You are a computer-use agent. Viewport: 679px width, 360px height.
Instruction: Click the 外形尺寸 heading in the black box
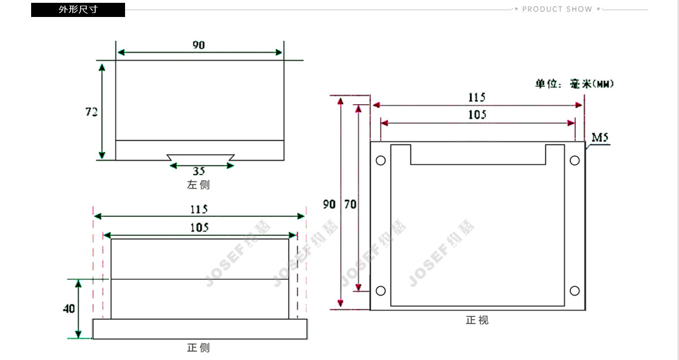[x=78, y=10]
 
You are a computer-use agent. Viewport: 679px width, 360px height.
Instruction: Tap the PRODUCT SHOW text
[x=557, y=9]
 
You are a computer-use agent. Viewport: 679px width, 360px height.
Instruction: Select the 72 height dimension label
[x=91, y=112]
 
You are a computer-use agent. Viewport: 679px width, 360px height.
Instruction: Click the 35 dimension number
[x=199, y=171]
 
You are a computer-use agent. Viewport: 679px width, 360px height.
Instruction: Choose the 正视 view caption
[x=477, y=320]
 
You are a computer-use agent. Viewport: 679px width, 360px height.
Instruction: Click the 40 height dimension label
[x=68, y=308]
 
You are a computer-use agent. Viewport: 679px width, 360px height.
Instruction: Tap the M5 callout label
[x=600, y=138]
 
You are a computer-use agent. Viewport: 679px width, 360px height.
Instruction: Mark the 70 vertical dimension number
[x=350, y=204]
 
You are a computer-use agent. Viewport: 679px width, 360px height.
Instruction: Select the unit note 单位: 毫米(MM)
[x=574, y=84]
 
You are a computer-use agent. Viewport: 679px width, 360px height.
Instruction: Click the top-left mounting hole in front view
[x=381, y=160]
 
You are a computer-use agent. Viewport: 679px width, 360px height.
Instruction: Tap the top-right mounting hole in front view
[x=575, y=160]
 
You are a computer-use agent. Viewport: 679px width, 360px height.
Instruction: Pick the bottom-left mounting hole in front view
[x=381, y=291]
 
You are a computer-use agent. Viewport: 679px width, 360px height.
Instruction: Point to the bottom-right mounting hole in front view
[x=575, y=291]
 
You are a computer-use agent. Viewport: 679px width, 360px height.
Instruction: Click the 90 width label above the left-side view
[x=199, y=45]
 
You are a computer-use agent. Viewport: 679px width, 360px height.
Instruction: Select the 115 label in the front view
[x=476, y=97]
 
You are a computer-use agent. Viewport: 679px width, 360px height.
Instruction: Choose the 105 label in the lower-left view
[x=199, y=228]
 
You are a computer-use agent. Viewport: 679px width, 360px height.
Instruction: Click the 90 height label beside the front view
[x=329, y=204]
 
